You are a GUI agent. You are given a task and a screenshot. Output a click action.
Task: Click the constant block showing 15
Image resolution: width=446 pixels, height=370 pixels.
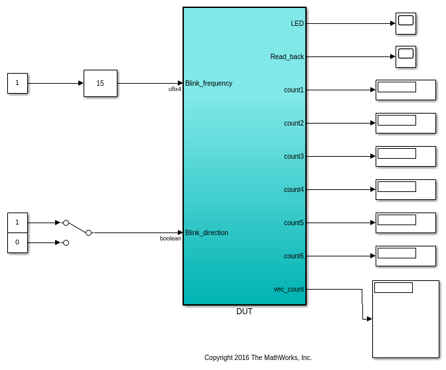(100, 83)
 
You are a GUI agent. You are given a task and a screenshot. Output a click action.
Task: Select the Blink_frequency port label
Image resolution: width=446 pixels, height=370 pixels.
(208, 83)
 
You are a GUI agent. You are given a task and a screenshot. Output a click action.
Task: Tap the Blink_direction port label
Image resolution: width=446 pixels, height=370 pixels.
(206, 232)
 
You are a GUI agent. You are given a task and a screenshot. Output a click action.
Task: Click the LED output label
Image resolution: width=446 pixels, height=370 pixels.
(297, 23)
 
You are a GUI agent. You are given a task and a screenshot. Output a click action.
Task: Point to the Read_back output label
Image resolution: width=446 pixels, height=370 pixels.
(287, 56)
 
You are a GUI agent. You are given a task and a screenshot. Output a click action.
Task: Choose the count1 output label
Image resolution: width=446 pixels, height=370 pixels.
(294, 90)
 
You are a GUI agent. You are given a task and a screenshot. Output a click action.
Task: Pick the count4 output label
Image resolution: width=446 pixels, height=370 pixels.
(294, 189)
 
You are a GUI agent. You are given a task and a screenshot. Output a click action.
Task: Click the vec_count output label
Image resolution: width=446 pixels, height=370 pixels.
(289, 289)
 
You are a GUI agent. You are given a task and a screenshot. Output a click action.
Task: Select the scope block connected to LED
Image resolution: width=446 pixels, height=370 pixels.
(406, 23)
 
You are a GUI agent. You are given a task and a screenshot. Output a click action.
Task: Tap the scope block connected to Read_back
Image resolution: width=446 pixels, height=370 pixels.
(406, 56)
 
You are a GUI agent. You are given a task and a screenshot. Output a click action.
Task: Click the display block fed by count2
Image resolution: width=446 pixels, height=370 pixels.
(406, 123)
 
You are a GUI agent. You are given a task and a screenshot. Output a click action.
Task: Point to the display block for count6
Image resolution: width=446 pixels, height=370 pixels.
(406, 256)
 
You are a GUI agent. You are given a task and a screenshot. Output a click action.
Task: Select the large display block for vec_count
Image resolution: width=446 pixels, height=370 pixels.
(406, 319)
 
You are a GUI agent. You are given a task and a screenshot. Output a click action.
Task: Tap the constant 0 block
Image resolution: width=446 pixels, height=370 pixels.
(17, 242)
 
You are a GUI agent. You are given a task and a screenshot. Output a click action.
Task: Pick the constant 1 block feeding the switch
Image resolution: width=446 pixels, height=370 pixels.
(17, 223)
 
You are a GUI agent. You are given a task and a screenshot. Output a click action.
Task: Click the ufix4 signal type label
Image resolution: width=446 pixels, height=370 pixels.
(175, 89)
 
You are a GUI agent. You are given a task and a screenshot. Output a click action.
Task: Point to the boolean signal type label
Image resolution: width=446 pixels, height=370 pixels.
(171, 238)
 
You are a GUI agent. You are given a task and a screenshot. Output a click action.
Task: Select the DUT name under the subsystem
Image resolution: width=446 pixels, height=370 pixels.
(244, 312)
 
